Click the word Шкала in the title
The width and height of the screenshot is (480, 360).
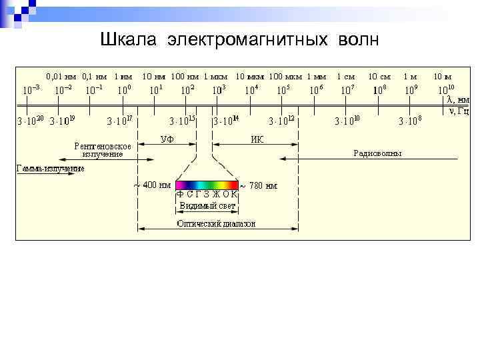coord(128,41)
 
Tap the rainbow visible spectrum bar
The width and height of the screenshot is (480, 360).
coord(207,185)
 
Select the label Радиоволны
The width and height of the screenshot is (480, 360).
coord(377,153)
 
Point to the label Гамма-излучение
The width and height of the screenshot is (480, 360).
coord(51,169)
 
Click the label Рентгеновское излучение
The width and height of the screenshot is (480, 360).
coord(103,149)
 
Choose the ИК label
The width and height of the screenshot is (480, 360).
coord(257,139)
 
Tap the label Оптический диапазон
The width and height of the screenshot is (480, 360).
coord(216,224)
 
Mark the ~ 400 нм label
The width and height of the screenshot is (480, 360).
coord(152,185)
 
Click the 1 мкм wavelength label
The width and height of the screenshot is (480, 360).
coord(216,77)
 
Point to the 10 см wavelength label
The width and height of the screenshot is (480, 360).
coord(379,77)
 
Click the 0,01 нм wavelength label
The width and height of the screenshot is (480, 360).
coord(61,77)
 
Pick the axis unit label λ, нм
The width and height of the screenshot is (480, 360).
coord(457,99)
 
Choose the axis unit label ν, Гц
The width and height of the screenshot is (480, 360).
coord(458,110)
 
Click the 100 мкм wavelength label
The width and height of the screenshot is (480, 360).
coord(285,77)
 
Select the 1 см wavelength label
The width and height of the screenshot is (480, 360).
coord(345,77)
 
